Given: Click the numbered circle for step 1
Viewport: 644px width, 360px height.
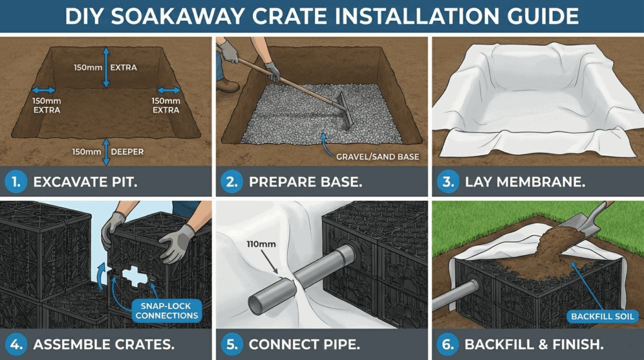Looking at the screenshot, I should click(15, 182).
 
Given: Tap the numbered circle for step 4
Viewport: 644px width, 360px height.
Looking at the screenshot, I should click(15, 344).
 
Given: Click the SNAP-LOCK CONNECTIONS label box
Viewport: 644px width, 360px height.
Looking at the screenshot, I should click(166, 310).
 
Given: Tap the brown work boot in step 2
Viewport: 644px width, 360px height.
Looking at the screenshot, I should click(227, 84).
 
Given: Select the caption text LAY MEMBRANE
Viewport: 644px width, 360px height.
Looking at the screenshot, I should click(525, 183).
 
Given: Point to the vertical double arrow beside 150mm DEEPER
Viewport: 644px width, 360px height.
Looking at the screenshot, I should click(105, 151).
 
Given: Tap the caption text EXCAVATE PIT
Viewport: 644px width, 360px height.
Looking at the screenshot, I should click(86, 183).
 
